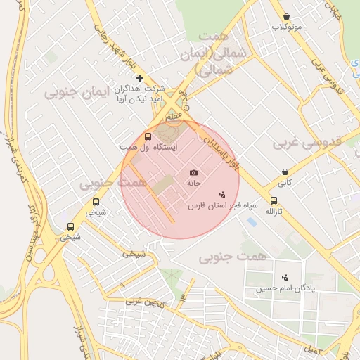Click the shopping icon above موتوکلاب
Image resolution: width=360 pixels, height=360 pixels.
click(286, 16)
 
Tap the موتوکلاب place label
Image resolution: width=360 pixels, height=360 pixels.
click(287, 27)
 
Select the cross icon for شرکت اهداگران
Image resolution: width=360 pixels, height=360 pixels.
click(139, 78)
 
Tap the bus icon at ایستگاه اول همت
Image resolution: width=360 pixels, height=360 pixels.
click(148, 136)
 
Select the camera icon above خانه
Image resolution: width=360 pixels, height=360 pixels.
click(193, 172)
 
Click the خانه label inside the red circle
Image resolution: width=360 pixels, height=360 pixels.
click(193, 182)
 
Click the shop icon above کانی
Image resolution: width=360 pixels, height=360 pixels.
click(284, 172)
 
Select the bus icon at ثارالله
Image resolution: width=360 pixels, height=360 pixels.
click(274, 200)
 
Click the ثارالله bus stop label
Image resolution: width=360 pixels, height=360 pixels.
click(274, 211)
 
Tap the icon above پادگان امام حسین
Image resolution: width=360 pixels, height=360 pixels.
click(285, 277)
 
